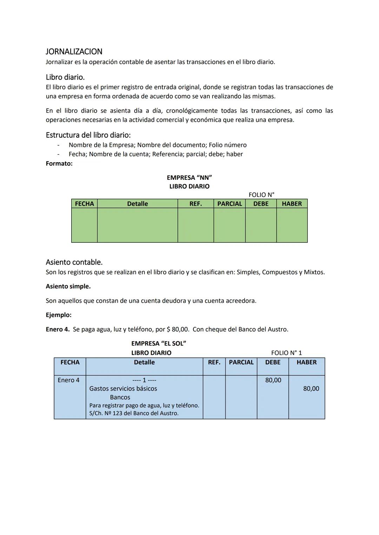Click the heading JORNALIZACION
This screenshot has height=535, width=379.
pos(74,52)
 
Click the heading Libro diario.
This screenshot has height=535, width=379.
pos(65,77)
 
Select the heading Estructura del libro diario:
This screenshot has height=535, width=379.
pos(88,135)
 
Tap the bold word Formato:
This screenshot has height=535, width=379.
pos(59,163)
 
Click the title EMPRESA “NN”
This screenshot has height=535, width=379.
pos(189,178)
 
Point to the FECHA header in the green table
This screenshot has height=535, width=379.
pos(84,204)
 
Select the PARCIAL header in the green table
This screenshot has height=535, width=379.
pos(230,204)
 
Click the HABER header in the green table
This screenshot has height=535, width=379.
pos(292,204)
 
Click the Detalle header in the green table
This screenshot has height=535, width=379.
pos(137,204)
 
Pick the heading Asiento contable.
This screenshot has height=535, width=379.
pos(74,262)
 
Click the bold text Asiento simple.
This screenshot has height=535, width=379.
pos(68,286)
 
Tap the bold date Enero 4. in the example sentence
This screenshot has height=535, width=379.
pos(58,329)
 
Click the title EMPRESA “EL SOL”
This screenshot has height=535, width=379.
pos(158,343)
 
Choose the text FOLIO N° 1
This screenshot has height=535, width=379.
pos(286,353)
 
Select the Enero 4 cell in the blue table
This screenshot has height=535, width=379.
pos(68,380)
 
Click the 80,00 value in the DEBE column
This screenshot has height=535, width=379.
pos(273,380)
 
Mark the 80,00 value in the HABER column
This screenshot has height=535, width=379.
pos(311,389)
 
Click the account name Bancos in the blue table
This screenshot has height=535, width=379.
pos(120,397)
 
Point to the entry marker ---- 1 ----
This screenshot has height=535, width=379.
pos(144,380)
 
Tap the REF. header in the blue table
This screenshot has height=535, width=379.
pos(214,362)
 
